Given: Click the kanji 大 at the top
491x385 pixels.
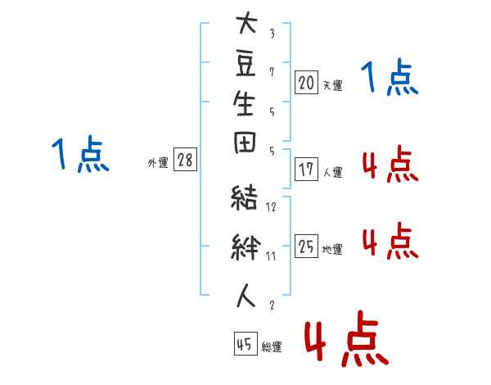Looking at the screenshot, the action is (x=247, y=22).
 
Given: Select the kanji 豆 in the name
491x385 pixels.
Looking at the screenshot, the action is (x=245, y=64).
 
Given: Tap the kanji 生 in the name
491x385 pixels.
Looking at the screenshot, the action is (x=244, y=103).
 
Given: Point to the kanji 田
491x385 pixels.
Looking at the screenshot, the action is (x=245, y=143).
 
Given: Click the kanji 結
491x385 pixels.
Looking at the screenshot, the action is (x=244, y=197).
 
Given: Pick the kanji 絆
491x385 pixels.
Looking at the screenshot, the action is (x=245, y=247).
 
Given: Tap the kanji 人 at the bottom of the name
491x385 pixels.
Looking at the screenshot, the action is (x=245, y=296).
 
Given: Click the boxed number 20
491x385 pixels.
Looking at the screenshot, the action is (x=306, y=83).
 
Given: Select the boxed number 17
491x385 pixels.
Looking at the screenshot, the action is (x=306, y=170).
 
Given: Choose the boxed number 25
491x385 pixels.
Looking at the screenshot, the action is (x=306, y=246).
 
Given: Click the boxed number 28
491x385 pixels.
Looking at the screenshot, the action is (x=185, y=159).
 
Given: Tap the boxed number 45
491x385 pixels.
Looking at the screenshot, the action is (x=245, y=343).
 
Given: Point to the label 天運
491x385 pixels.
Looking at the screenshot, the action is (x=333, y=85).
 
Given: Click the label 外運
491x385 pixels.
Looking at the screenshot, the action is (x=158, y=163).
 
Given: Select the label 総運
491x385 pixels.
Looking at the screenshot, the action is (x=272, y=346).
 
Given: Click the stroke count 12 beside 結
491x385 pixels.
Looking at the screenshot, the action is (x=271, y=206).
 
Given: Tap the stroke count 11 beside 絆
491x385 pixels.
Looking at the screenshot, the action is (x=271, y=256).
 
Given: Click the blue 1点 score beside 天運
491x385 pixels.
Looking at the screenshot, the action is (x=390, y=77).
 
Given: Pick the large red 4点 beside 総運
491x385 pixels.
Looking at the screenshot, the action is (x=346, y=338).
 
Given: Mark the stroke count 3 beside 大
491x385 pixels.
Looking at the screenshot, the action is (x=273, y=34).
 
